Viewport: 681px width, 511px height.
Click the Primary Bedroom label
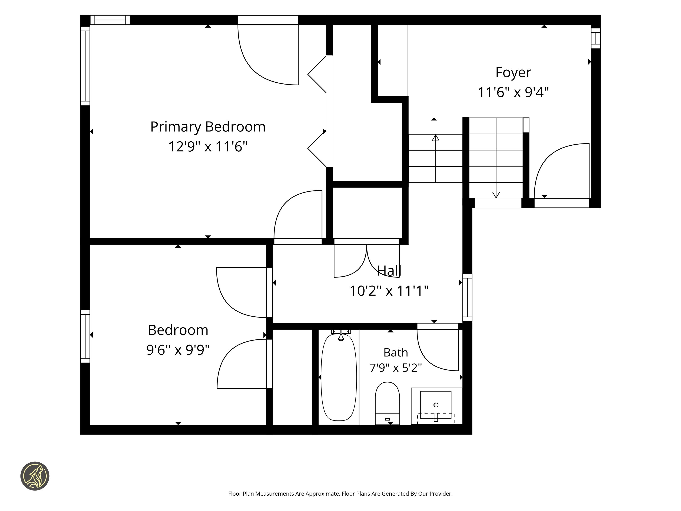208,127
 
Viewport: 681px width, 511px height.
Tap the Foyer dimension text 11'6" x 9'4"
513,92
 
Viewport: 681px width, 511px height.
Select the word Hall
389,271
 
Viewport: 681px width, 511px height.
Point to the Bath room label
396,352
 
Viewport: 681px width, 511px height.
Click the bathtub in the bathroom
339,377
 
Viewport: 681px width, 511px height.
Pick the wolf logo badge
35,476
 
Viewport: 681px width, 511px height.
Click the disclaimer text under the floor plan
340,494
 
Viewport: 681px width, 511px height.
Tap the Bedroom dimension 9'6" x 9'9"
178,350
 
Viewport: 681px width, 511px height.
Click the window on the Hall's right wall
467,297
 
